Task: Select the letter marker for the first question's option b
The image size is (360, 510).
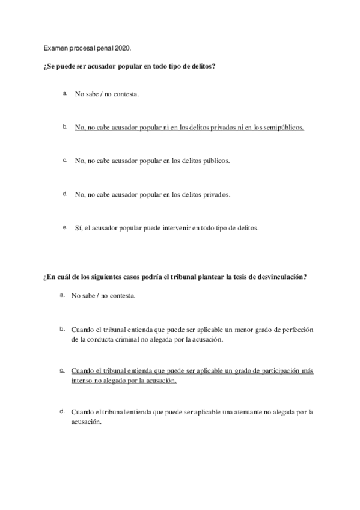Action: tap(64, 127)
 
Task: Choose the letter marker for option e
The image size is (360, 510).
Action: tap(64, 227)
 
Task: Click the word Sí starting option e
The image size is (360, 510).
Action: tap(78, 229)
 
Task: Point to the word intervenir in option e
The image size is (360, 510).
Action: tap(177, 229)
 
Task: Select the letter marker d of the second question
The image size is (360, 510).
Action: tap(62, 411)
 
